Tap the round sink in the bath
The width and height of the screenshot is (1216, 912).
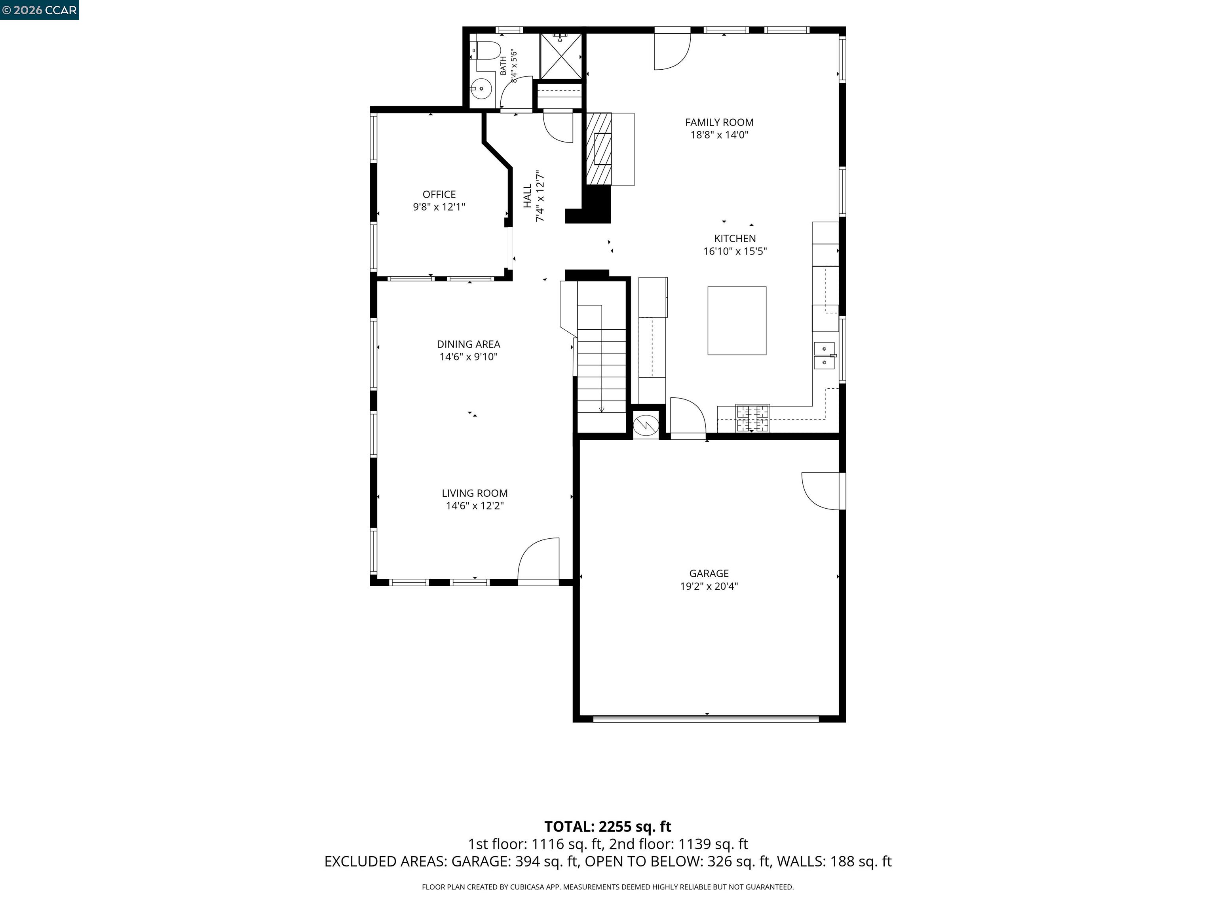click(482, 88)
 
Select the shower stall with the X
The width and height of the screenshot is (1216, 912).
click(561, 56)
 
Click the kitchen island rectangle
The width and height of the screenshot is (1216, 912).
click(737, 321)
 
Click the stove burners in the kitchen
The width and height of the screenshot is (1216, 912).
click(753, 419)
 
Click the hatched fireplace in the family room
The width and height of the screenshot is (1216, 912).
click(598, 149)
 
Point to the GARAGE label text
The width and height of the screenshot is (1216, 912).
click(709, 574)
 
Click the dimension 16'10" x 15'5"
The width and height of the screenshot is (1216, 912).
click(735, 252)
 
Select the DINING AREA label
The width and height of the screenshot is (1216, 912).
click(468, 344)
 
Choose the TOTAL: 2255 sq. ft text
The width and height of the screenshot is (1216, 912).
click(608, 827)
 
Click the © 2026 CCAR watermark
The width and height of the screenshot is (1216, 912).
click(40, 10)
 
